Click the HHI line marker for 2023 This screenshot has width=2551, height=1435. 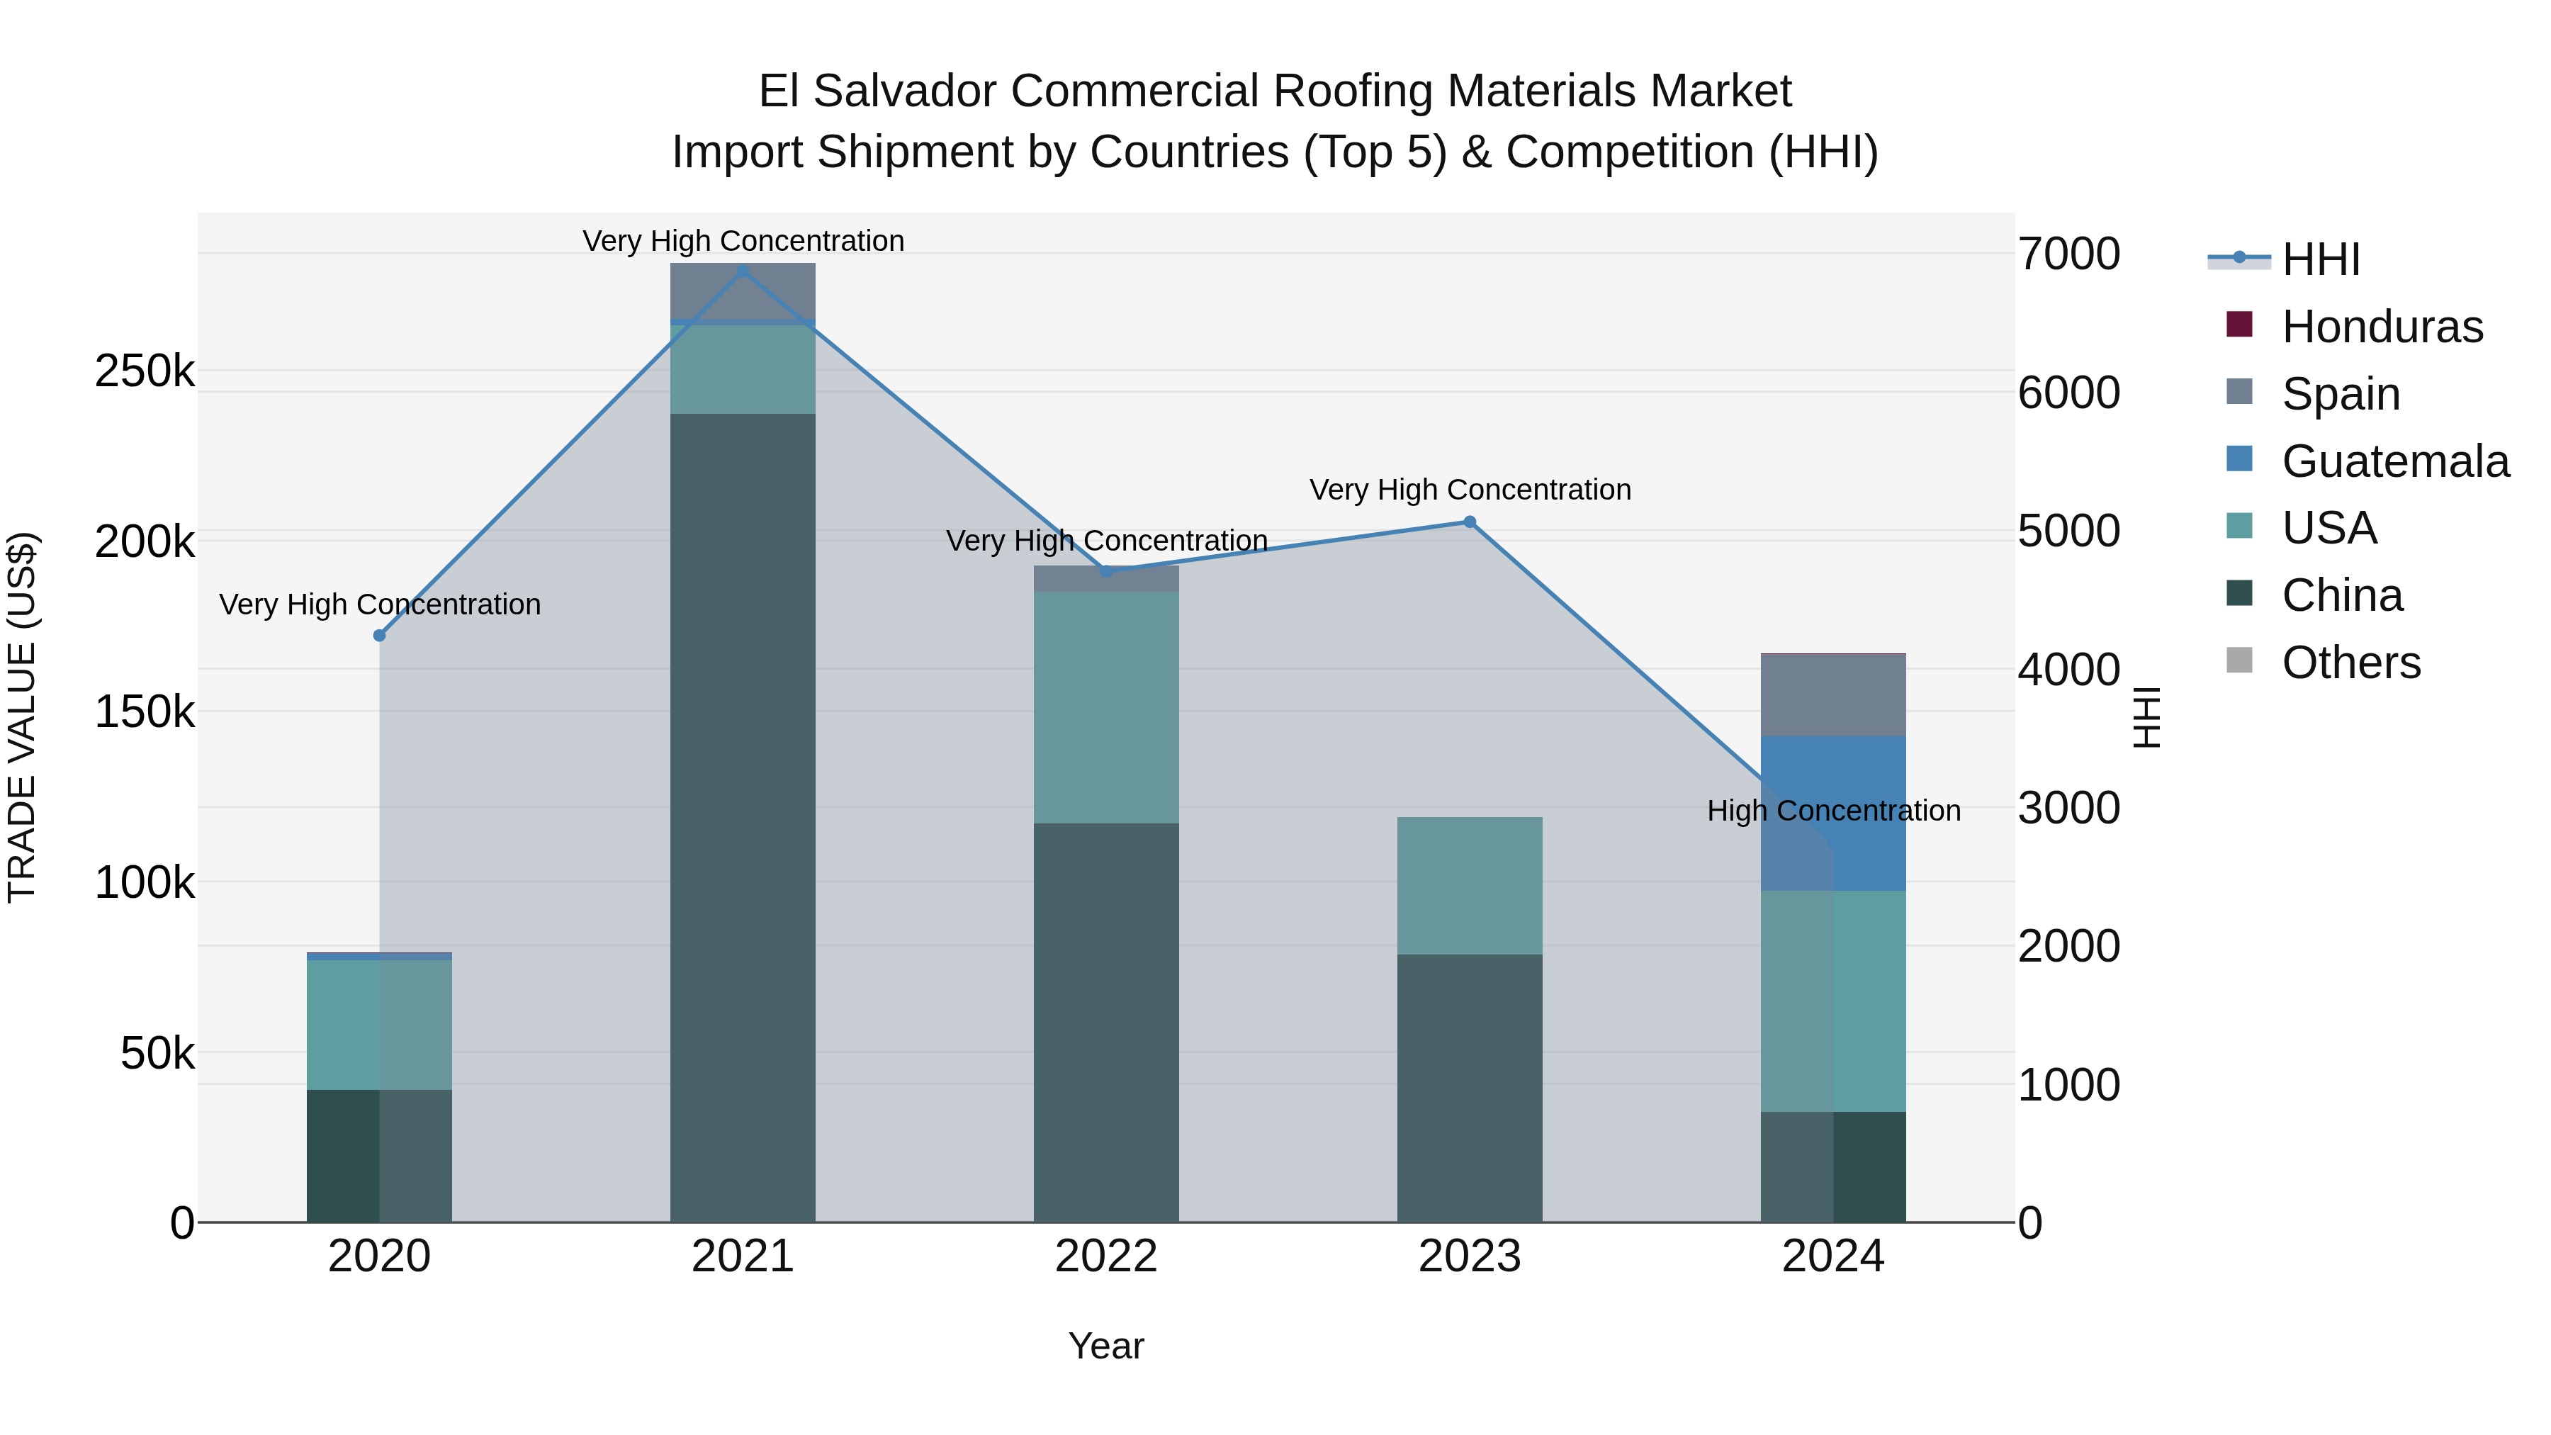(1470, 522)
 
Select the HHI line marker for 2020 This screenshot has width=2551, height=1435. (379, 635)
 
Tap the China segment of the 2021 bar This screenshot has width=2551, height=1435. (743, 817)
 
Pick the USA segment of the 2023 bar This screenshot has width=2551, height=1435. (1470, 885)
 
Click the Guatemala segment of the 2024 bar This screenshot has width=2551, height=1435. (1833, 812)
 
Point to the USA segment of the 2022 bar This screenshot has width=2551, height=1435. (1106, 707)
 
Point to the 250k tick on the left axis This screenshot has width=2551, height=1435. (145, 371)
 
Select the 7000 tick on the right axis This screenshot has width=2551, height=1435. (2068, 254)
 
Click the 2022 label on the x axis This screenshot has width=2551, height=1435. (1106, 1256)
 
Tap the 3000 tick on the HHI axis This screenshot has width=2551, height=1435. (2068, 808)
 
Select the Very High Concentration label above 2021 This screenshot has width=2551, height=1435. (743, 241)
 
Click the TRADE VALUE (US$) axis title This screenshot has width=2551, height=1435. (22, 717)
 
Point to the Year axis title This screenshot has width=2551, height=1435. (1106, 1346)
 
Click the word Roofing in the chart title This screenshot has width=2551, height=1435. (1353, 91)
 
